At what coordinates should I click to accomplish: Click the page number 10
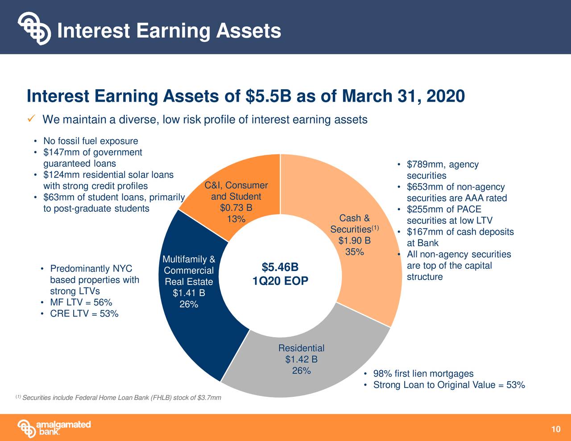555,429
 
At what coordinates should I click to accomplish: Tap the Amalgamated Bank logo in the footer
54,428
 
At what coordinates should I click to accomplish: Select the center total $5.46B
280,267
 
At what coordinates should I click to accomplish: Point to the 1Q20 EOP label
280,282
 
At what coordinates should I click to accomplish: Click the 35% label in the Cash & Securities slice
355,252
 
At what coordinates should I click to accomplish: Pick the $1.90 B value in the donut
354,241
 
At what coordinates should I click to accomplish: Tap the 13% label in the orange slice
236,219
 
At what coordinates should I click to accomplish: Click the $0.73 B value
236,208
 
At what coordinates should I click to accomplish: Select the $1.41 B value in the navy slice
189,293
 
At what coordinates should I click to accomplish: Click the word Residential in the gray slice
301,348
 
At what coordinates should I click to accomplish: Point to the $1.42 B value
301,359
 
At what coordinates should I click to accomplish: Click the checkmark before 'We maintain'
31,120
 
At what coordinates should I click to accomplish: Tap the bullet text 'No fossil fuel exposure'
91,141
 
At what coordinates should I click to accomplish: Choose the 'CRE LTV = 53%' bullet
84,314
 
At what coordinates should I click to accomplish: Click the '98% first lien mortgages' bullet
423,374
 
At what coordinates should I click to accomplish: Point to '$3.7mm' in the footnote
210,398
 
